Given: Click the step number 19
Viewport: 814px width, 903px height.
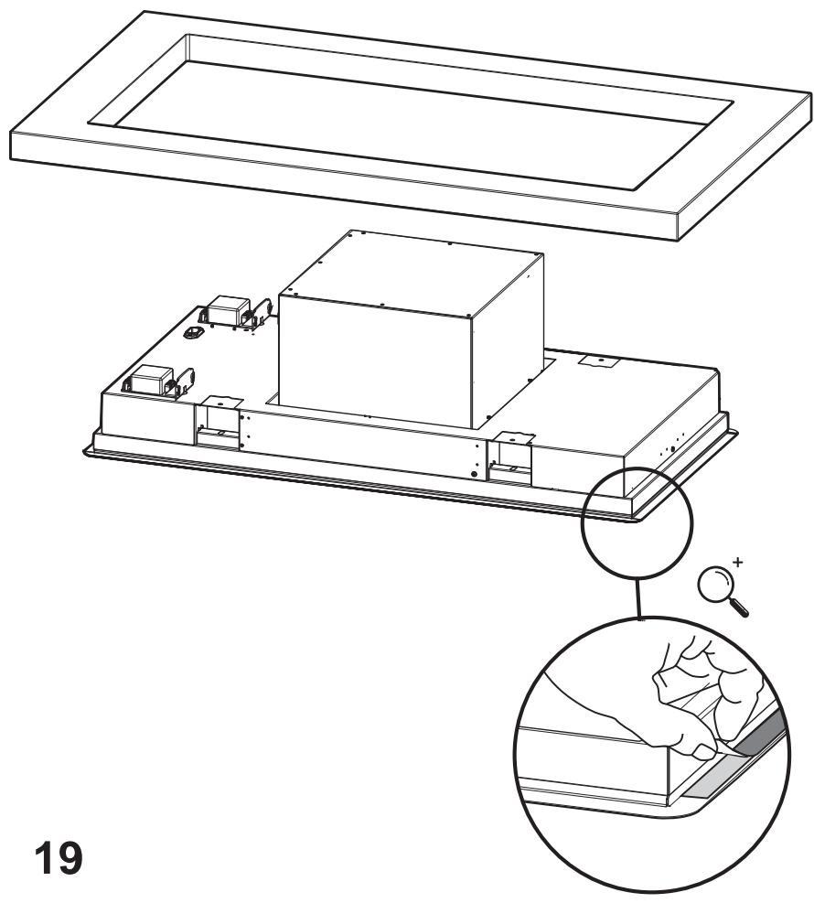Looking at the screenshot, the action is tap(59, 859).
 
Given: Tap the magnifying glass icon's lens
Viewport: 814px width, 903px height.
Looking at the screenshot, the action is tap(712, 584).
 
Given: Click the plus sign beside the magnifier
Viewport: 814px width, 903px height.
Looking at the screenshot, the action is tap(739, 561).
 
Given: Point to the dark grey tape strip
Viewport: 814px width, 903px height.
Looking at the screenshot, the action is tap(762, 738).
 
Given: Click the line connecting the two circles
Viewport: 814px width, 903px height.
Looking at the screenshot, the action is tap(637, 599).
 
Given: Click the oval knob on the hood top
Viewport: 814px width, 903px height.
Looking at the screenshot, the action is tap(191, 333).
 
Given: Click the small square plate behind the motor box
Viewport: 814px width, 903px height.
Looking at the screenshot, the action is tap(597, 362).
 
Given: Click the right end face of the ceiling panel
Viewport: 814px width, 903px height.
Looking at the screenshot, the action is tap(746, 199).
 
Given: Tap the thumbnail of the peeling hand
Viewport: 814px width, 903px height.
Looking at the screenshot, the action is tap(703, 750).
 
